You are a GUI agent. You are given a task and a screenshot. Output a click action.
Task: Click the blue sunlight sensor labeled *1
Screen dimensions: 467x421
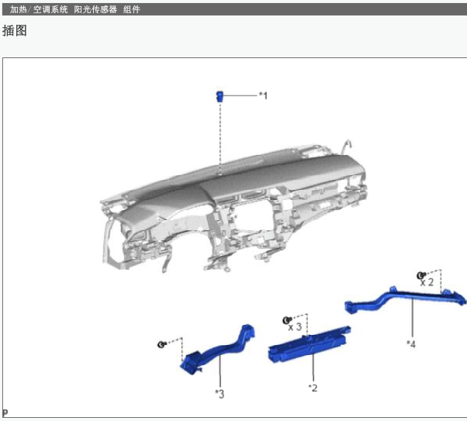[220, 96]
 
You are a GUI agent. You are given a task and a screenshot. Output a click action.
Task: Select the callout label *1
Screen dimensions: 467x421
[263, 95]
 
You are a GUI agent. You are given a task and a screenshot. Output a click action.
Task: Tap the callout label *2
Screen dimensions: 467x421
[313, 388]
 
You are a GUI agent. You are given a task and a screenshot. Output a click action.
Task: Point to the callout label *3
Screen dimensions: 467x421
[220, 394]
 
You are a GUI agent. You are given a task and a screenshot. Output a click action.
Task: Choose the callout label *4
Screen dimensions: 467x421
[411, 344]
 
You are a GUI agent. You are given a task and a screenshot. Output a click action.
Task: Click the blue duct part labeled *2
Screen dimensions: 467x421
[310, 344]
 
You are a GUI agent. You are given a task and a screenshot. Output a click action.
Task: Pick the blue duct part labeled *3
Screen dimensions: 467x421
[218, 350]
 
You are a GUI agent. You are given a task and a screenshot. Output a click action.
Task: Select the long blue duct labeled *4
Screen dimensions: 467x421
[405, 299]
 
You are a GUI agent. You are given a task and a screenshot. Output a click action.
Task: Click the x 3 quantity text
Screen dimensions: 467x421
[295, 327]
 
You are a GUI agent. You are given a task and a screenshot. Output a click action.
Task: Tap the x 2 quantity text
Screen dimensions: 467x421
[427, 281]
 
